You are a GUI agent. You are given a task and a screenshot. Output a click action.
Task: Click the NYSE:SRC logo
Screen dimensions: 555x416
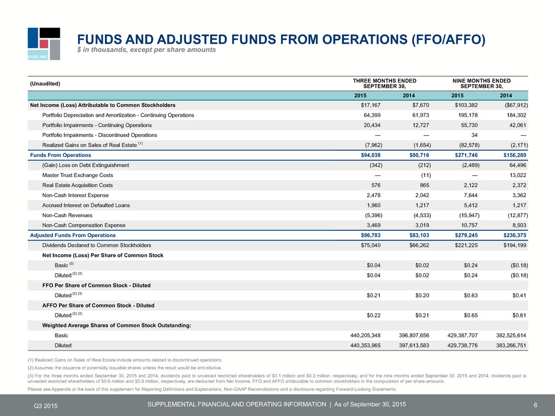pos(44,44)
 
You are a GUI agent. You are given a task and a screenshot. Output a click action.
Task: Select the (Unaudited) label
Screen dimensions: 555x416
pos(45,83)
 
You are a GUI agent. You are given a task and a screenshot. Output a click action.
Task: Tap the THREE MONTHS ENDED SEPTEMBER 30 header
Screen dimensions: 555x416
pos(384,83)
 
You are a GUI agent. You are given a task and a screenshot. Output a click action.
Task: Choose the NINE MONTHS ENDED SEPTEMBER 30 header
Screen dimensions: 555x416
pos(481,83)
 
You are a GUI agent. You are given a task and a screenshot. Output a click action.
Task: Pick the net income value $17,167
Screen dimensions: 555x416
pos(371,105)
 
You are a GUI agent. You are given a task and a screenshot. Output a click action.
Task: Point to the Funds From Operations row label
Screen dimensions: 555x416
pos(61,155)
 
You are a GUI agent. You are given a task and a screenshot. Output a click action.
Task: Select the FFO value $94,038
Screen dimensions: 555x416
pos(371,155)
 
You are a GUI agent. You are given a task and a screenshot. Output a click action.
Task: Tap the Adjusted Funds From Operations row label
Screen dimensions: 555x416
pos(73,235)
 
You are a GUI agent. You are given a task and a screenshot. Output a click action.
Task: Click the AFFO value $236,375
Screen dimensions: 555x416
pos(515,235)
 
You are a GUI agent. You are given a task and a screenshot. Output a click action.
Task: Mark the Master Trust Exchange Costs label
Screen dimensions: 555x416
pos(77,175)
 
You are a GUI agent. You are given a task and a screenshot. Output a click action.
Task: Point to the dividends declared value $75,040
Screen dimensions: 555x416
pos(371,245)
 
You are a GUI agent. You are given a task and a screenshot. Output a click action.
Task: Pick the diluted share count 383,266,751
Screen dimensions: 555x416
pos(511,345)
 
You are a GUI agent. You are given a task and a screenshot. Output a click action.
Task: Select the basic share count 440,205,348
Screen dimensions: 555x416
pos(365,335)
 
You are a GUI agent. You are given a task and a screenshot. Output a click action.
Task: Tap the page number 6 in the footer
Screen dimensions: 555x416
pos(536,405)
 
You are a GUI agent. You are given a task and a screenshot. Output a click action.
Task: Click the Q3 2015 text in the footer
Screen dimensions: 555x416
pos(45,406)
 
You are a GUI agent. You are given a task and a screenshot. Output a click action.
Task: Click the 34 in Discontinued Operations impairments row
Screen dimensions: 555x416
pos(474,135)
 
